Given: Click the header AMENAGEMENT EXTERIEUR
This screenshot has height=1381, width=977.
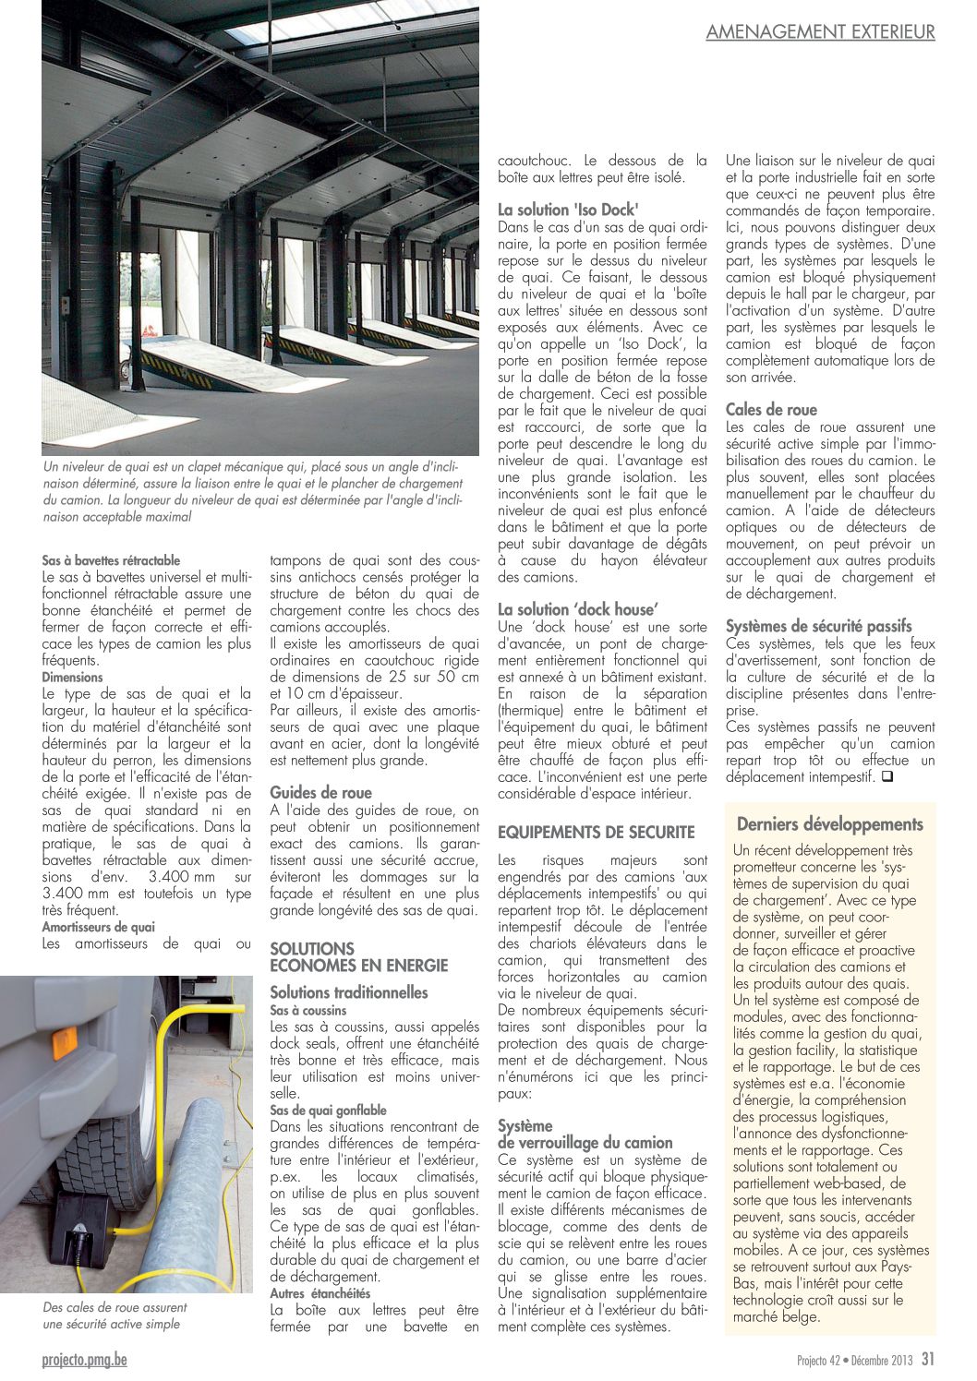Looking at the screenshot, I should pyautogui.click(x=820, y=31).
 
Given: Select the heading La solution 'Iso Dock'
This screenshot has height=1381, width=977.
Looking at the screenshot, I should pyautogui.click(x=568, y=210).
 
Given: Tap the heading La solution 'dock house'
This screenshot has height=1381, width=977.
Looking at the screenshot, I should pyautogui.click(x=577, y=609).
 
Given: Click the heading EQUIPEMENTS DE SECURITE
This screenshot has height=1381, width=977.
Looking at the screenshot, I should pyautogui.click(x=596, y=832).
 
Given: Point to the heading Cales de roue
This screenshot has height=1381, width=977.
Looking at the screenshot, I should pyautogui.click(x=771, y=410).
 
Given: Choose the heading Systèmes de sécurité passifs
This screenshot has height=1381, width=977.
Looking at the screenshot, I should pyautogui.click(x=818, y=626).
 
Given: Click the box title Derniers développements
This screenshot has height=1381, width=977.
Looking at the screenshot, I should pyautogui.click(x=829, y=824).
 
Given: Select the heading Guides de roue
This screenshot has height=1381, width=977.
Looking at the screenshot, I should pyautogui.click(x=320, y=792).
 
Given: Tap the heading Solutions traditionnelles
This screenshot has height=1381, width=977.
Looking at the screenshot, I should pyautogui.click(x=349, y=992).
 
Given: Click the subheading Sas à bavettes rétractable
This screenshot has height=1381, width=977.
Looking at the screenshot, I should pyautogui.click(x=111, y=560).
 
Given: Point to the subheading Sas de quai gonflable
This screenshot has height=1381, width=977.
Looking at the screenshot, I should pyautogui.click(x=328, y=1111).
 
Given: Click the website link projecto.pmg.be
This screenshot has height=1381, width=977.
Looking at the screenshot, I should pyautogui.click(x=85, y=1359).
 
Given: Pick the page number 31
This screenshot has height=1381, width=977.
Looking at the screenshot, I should pyautogui.click(x=927, y=1359).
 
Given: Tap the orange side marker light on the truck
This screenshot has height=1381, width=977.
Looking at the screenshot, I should pyautogui.click(x=64, y=1039).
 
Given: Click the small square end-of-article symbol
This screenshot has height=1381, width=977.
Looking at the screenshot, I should pyautogui.click(x=887, y=777).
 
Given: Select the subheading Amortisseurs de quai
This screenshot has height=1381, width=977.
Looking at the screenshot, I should pyautogui.click(x=98, y=927).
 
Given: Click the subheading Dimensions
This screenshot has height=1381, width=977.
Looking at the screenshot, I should pyautogui.click(x=72, y=677).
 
